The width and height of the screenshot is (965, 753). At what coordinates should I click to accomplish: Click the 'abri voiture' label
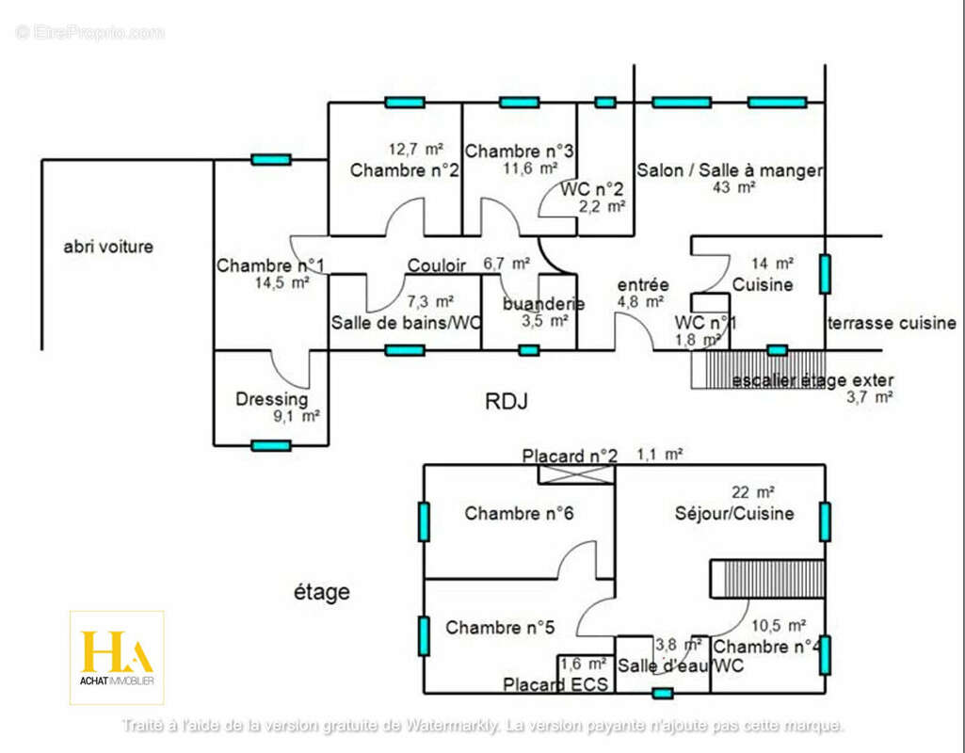point(108,248)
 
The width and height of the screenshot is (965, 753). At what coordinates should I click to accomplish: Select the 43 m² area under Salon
point(735,187)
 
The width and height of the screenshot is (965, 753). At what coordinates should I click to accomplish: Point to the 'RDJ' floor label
point(506,402)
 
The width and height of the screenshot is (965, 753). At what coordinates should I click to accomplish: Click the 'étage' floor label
point(321,592)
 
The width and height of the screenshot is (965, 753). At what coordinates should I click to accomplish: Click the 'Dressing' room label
point(271,399)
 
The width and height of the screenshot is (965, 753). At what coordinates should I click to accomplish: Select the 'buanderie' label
point(543,303)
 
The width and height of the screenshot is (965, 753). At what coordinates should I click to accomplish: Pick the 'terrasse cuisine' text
point(892,323)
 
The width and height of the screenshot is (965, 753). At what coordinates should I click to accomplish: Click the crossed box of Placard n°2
point(576,474)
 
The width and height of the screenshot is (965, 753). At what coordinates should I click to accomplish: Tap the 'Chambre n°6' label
point(519,514)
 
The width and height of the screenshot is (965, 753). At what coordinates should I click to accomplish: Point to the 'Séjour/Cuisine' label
point(734,514)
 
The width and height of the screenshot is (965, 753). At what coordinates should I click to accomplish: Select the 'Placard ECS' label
point(555,684)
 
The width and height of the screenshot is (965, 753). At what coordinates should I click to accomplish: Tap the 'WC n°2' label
point(592,188)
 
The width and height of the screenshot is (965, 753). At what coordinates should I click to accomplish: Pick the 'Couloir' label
point(436,266)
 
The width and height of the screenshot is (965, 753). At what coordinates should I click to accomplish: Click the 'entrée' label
point(643,285)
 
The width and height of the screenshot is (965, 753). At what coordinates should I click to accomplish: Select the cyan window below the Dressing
point(271,445)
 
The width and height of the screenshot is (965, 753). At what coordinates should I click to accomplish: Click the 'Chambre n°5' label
point(500,628)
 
